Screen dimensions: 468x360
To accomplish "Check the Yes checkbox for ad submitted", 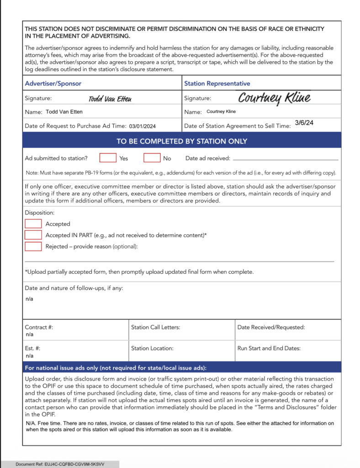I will click(x=108, y=158).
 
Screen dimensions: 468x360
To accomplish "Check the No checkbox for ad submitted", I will click(x=152, y=158).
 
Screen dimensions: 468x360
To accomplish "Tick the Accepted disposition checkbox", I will click(x=33, y=224).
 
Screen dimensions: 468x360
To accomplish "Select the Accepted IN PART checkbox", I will click(x=33, y=235).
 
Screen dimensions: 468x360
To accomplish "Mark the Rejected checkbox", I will click(x=33, y=246).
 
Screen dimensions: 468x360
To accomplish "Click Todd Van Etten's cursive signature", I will click(x=110, y=98).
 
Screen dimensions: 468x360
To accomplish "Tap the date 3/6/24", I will click(x=304, y=123).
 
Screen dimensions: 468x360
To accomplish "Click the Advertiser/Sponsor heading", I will click(x=53, y=84).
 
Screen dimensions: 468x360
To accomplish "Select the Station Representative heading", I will click(x=217, y=84).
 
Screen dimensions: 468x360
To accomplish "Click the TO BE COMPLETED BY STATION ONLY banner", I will click(x=182, y=141).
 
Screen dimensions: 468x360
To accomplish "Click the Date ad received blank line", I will click(x=286, y=160).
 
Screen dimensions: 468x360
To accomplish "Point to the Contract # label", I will click(x=36, y=327).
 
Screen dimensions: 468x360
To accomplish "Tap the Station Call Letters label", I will click(x=155, y=327).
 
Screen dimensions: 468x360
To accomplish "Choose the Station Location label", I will click(x=152, y=348).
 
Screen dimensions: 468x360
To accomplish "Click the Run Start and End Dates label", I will click(x=269, y=348).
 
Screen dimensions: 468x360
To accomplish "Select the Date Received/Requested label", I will click(x=271, y=327).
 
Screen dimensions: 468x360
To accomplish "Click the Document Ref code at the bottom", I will click(x=60, y=464).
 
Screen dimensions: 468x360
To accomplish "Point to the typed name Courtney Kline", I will click(x=221, y=112).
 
